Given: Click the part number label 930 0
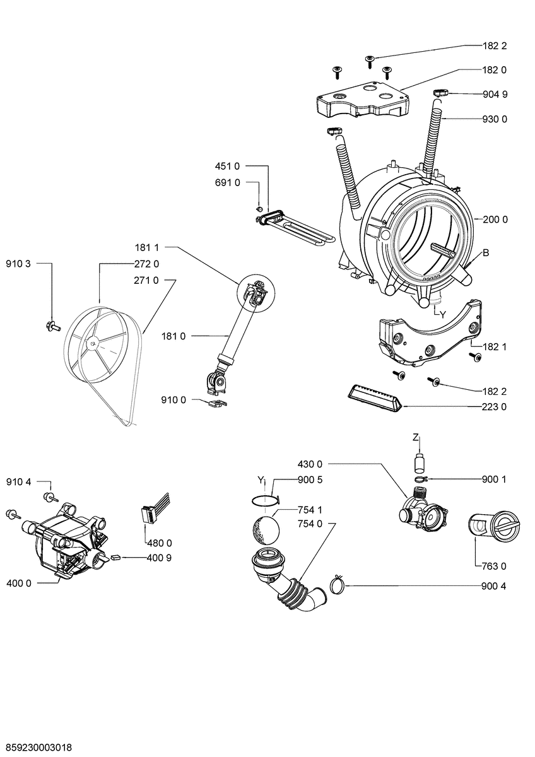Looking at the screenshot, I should click(495, 119).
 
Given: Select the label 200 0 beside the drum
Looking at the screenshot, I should click(495, 220).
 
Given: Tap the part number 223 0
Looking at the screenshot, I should click(495, 407).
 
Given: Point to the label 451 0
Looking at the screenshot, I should click(228, 166).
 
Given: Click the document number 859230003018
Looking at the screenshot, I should click(37, 747).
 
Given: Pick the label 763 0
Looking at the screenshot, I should click(495, 565).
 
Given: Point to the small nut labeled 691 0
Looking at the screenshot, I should click(258, 209).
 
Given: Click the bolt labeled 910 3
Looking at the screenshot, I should click(52, 326).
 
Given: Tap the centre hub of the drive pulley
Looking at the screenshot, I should click(93, 344).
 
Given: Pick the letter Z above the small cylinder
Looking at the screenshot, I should click(416, 437).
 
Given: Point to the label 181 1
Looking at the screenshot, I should click(146, 247).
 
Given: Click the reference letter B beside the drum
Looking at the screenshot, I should click(486, 253).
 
